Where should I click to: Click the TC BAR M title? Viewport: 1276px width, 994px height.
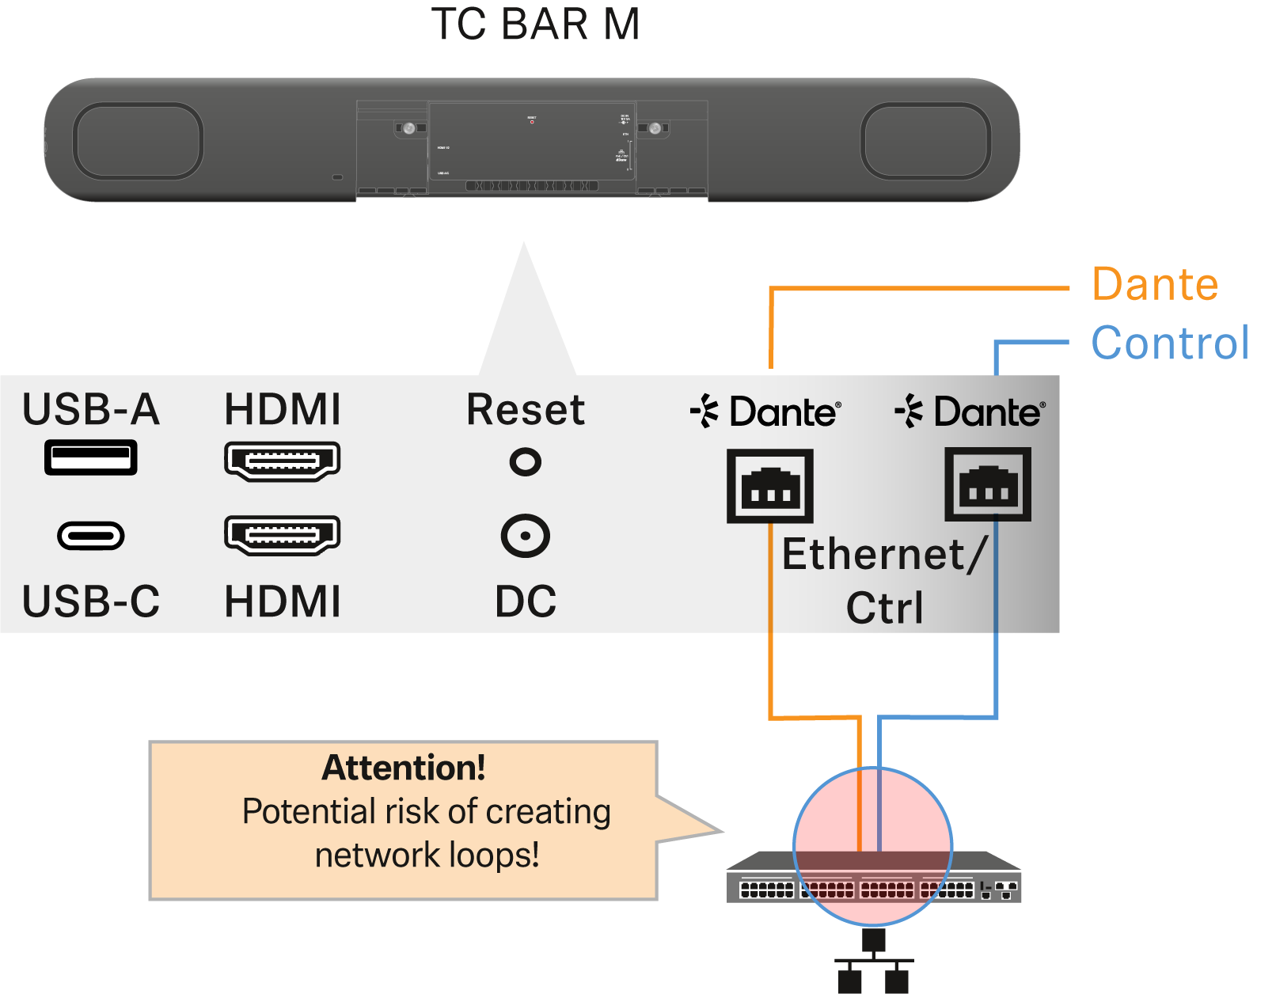pos(535,25)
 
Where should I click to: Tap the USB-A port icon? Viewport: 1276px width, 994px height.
pos(91,457)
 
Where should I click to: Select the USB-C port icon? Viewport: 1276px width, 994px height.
pos(91,536)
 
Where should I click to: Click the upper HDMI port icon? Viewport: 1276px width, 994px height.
pos(283,461)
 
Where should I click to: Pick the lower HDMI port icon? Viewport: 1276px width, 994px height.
pos(283,535)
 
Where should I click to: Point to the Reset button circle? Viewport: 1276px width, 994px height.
pos(526,461)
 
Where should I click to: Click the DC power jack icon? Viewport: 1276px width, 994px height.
pos(526,536)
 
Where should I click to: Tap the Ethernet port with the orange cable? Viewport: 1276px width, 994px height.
pos(770,486)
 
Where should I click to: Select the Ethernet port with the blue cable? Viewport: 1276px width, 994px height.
pos(988,484)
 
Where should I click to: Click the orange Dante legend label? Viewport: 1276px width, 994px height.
pos(1155,284)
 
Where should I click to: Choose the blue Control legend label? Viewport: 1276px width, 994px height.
pos(1170,343)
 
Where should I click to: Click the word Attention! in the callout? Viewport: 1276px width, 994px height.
pos(404,768)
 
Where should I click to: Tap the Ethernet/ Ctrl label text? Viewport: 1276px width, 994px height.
pos(884,580)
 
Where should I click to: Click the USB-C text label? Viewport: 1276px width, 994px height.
pos(91,601)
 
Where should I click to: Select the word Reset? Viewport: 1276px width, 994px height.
pos(526,410)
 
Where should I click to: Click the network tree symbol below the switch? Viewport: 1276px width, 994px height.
pos(873,962)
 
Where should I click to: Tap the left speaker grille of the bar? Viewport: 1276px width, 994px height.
pos(139,141)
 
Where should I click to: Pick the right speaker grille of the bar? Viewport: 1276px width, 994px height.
pos(925,141)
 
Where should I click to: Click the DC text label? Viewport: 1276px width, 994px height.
pos(526,601)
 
